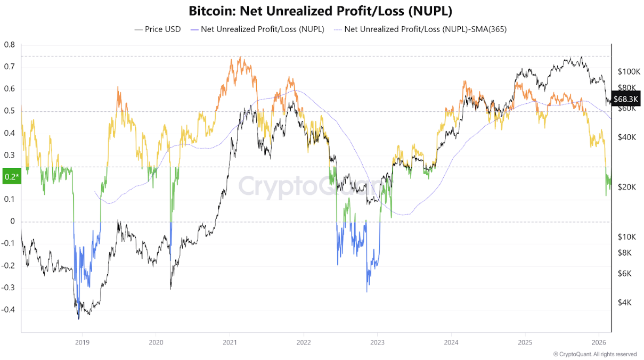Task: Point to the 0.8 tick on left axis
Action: (10, 45)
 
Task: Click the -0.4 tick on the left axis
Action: (9, 310)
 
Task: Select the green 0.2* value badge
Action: (11, 177)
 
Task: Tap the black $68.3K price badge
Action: (626, 99)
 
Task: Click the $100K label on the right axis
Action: (628, 71)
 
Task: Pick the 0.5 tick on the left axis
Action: (10, 111)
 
